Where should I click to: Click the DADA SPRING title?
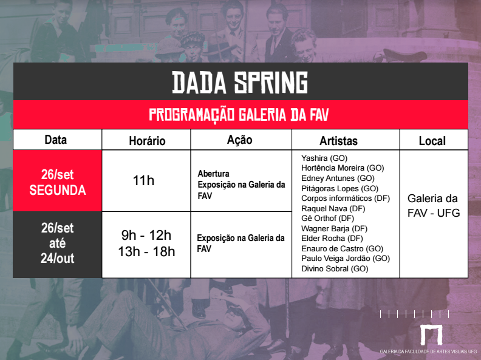point(240,83)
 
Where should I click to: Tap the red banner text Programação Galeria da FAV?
point(240,115)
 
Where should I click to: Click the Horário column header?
point(147,141)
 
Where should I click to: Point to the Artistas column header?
point(338,141)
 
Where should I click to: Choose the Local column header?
point(432,141)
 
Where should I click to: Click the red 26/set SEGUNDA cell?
point(58,182)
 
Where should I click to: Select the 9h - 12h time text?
point(146,236)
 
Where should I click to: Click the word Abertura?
point(213,174)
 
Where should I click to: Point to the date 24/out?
point(57,258)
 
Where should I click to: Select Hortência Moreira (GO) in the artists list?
point(342,168)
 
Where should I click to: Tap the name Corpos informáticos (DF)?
point(345,198)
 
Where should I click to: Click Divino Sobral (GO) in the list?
point(335,268)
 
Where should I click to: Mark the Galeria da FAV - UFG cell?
point(433,206)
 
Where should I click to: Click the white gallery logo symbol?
point(431,336)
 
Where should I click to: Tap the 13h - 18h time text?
point(146,251)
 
